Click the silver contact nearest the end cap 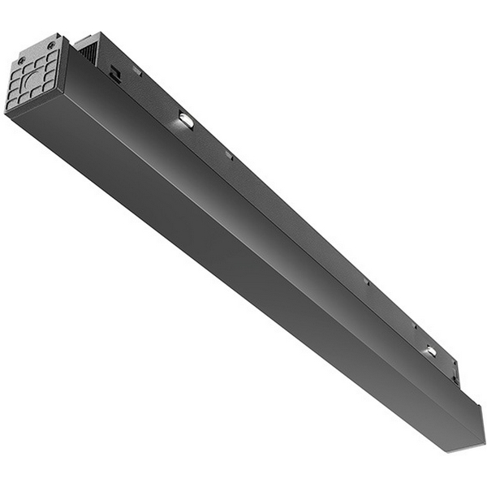point(186,121)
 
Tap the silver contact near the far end point(429,351)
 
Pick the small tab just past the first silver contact point(229,154)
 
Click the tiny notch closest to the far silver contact point(415,328)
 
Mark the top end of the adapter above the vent point(88,36)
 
